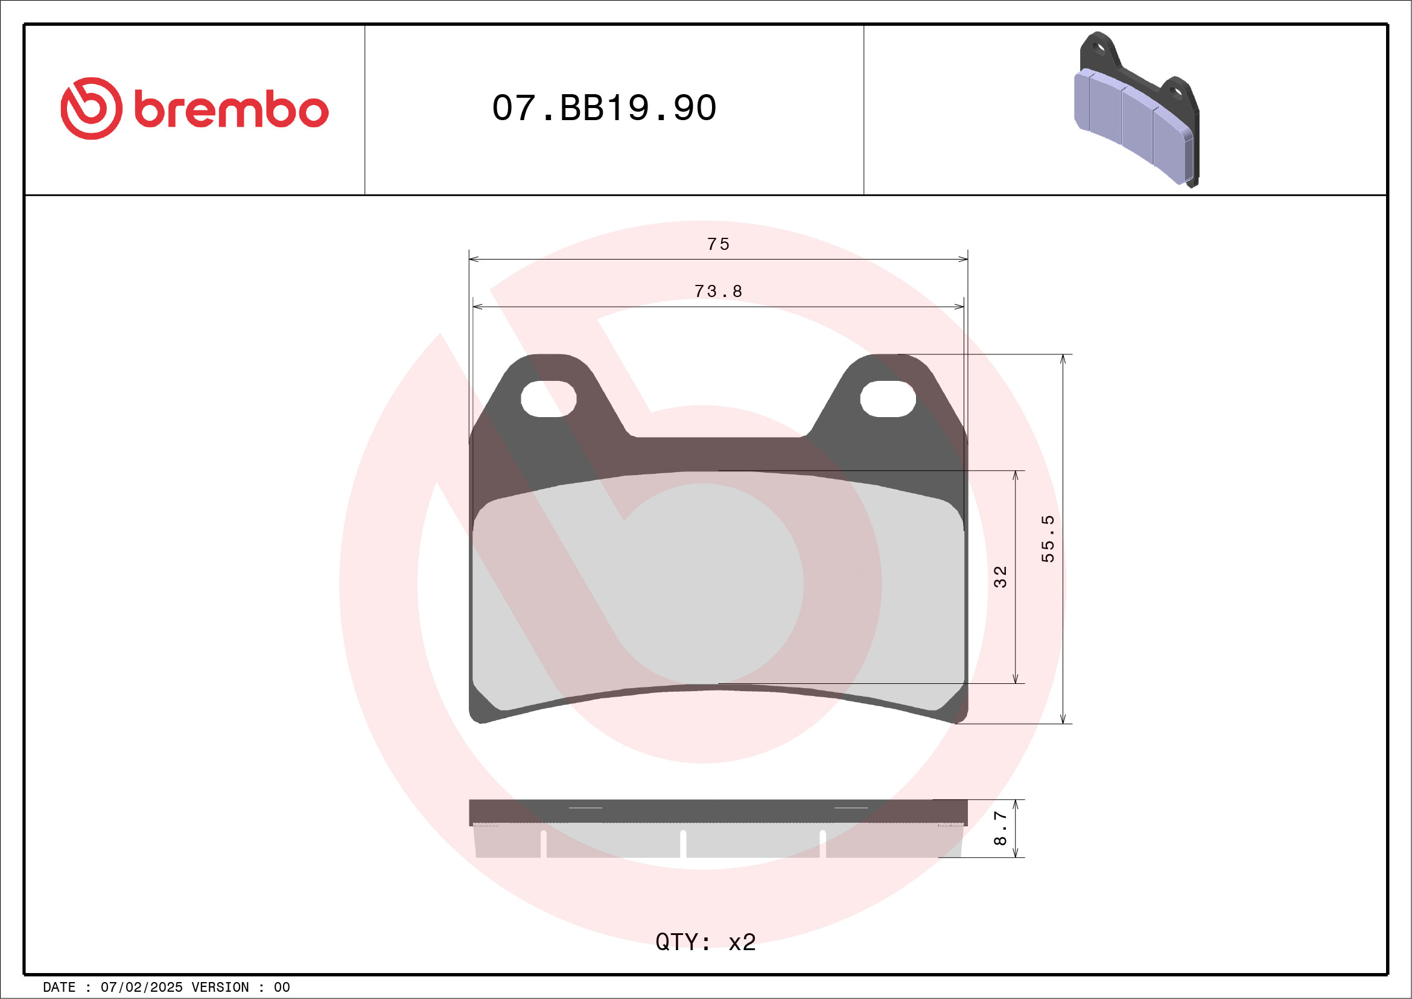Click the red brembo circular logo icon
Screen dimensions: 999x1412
91,108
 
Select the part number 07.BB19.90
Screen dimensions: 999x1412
604,108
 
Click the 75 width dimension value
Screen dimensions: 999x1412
717,244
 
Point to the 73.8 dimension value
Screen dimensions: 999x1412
717,291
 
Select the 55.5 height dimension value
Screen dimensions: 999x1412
1048,539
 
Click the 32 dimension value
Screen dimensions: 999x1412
1000,577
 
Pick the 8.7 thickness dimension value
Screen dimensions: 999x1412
1000,828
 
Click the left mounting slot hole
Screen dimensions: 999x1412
549,398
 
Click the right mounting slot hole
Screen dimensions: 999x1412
888,398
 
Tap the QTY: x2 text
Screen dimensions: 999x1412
705,942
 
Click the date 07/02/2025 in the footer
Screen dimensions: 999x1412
141,988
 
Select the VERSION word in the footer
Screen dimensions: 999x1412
220,988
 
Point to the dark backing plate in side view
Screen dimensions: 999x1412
717,811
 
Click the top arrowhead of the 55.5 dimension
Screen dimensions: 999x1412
1063,359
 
